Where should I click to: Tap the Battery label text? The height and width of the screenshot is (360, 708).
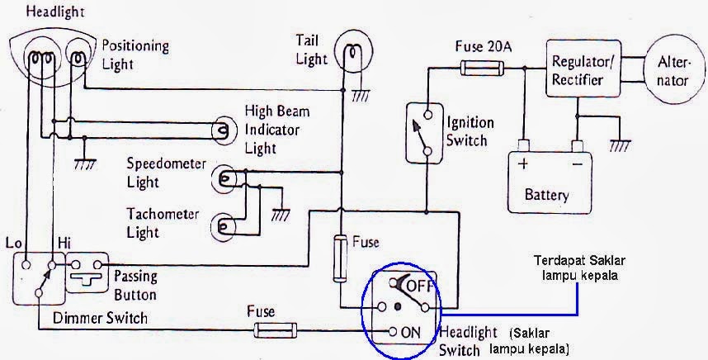(546, 196)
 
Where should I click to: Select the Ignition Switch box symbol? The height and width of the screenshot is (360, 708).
(426, 131)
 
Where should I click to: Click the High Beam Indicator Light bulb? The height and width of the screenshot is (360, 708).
(222, 130)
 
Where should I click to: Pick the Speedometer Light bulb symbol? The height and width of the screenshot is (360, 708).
(223, 178)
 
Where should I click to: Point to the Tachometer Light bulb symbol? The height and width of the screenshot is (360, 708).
(223, 225)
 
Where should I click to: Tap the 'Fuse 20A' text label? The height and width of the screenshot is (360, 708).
(484, 47)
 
